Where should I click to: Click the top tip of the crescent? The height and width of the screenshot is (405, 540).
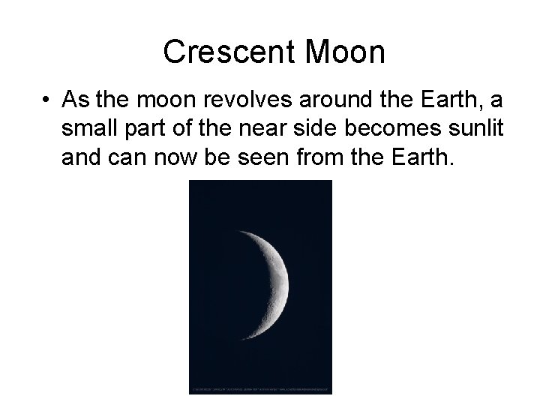(238, 232)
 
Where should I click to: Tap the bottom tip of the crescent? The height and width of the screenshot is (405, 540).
(239, 350)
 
